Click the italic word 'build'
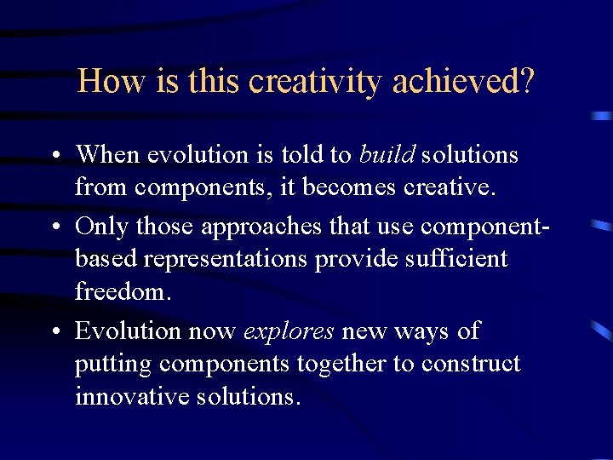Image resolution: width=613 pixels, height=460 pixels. (387, 154)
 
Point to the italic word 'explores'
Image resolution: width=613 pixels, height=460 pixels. (289, 331)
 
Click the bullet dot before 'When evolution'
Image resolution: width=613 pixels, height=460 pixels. (54, 157)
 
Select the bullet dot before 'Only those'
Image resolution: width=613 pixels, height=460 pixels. (54, 227)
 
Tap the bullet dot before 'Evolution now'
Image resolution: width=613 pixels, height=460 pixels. (54, 332)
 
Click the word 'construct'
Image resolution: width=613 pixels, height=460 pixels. (469, 365)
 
